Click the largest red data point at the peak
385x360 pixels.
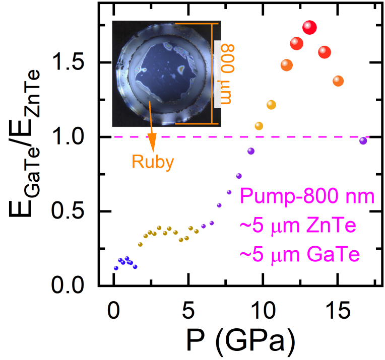[309, 28]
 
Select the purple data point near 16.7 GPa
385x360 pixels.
[363, 140]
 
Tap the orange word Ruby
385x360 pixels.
[153, 162]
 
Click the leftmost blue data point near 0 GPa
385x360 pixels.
[116, 268]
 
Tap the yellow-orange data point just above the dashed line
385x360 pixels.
[259, 126]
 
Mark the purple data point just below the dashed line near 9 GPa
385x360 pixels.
[251, 151]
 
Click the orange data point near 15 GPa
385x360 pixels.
[338, 81]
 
